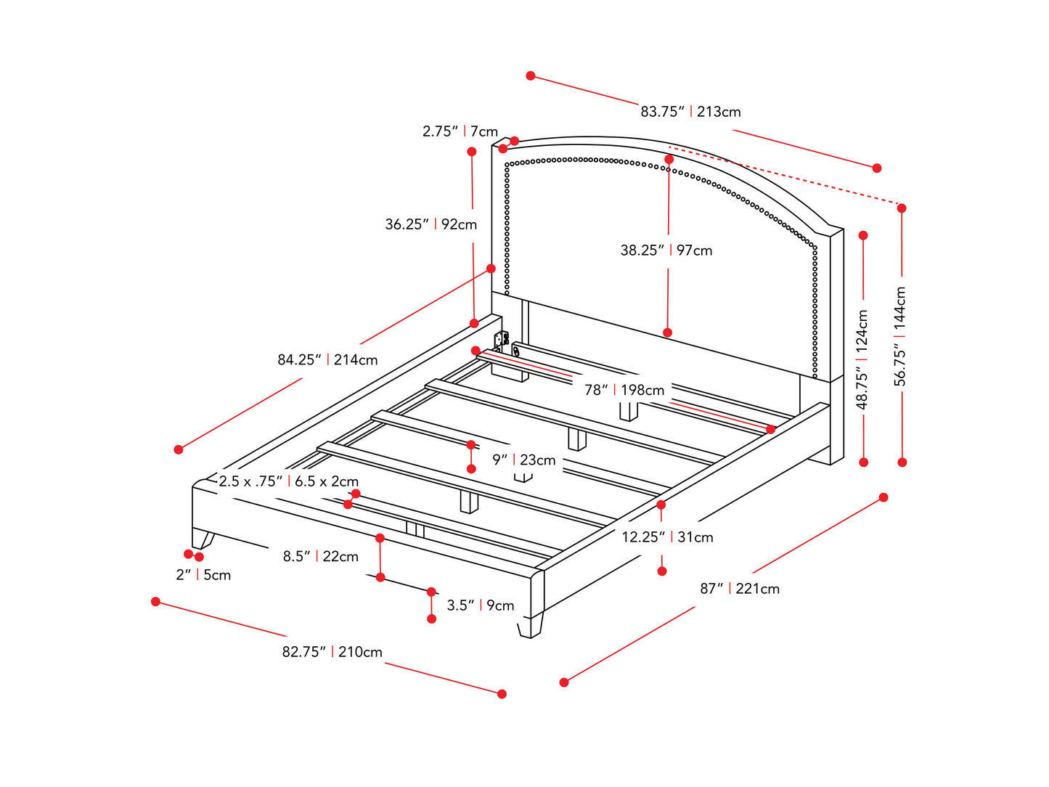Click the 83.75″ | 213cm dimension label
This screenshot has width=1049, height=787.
point(690,112)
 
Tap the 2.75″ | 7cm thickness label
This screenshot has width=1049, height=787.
point(460,131)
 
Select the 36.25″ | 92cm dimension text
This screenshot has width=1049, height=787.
point(431,224)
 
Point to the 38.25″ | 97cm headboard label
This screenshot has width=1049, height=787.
point(666,250)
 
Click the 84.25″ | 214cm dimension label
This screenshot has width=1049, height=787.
point(327,359)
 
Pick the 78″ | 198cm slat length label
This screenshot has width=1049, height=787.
point(624,390)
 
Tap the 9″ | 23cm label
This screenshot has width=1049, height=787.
point(523,460)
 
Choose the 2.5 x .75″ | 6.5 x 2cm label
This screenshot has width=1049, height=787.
point(289,481)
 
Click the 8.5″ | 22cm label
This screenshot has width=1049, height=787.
point(321,556)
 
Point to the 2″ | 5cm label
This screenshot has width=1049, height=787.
point(203,574)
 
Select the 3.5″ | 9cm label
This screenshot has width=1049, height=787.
point(480,605)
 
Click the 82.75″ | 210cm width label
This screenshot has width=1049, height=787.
point(332,652)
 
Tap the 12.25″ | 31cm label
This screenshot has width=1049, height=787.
point(667,537)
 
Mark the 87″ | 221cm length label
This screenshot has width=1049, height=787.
point(740,589)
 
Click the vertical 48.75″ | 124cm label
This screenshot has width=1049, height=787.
point(862,359)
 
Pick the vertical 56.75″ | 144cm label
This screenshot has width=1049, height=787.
point(900,336)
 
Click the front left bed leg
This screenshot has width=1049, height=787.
point(203,539)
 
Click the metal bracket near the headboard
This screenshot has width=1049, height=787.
point(501,339)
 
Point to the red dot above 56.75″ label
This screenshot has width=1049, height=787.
point(902,208)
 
